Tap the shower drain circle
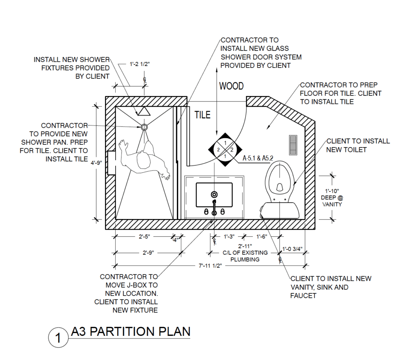[144, 127]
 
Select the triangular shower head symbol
[143, 111]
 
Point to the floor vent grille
[293, 144]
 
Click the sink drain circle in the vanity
[214, 194]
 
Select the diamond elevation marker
[225, 150]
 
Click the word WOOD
[231, 86]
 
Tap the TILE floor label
[202, 115]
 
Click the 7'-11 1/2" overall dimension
[210, 266]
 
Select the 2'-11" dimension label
[245, 246]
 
